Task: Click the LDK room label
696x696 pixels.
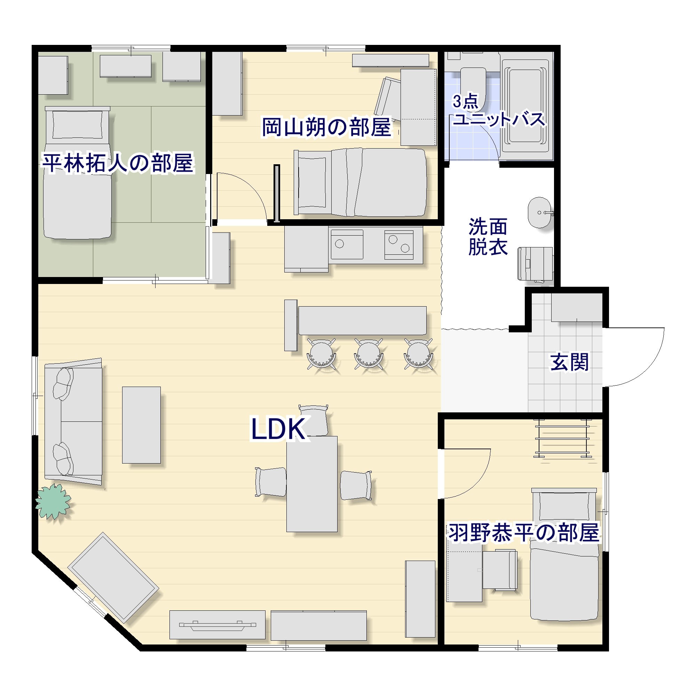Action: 278,429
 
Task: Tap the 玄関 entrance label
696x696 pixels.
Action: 569,362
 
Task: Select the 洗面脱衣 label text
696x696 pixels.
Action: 488,237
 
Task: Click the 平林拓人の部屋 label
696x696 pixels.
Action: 118,163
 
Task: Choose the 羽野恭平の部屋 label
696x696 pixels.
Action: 523,532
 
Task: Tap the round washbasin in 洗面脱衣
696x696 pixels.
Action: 539,213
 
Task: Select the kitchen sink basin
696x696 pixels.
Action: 347,245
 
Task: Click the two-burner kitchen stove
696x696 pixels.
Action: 399,245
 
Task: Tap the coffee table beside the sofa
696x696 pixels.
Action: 141,425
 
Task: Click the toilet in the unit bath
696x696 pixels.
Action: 473,86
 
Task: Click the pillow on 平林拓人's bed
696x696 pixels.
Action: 77,124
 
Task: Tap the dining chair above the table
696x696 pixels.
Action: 314,420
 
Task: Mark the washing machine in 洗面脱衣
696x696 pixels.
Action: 535,264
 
